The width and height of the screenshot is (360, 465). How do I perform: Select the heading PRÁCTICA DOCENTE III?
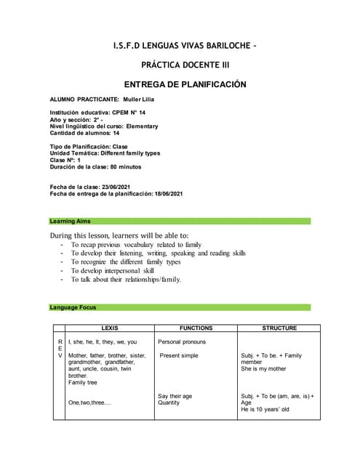180,65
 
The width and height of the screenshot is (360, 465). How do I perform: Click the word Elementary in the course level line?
147,126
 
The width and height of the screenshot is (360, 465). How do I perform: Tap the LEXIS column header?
110,328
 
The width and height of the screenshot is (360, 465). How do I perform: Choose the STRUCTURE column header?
279,328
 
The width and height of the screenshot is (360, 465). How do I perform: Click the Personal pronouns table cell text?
182,341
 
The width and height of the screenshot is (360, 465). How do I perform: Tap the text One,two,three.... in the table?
89,403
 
